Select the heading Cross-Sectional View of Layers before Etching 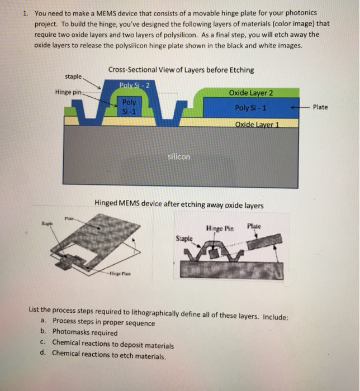[x=181, y=70]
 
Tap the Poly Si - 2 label [x=134, y=84]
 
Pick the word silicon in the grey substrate [x=179, y=157]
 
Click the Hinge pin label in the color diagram [x=68, y=92]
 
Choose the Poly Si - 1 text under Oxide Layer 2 [x=250, y=108]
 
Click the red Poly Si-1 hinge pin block [x=130, y=107]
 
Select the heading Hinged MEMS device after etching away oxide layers [x=179, y=205]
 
